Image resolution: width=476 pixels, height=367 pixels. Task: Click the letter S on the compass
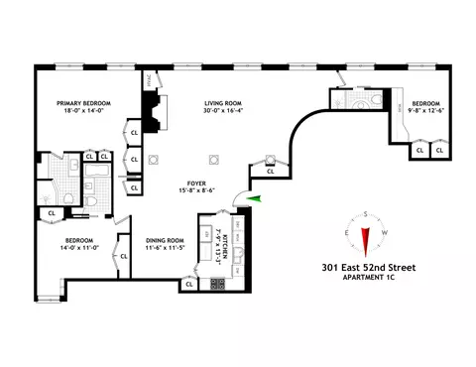click(x=365, y=214)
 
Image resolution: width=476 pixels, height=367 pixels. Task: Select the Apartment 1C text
click(x=364, y=278)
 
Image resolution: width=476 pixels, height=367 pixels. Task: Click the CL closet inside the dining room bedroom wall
click(x=124, y=256)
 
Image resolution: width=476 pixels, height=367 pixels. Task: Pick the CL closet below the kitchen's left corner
click(x=188, y=285)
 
